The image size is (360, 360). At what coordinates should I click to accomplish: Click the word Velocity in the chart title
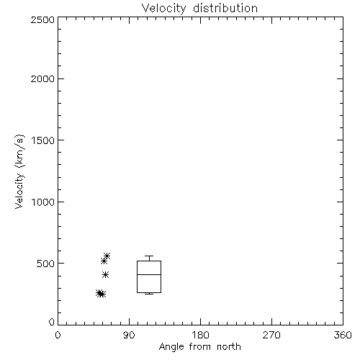(164, 9)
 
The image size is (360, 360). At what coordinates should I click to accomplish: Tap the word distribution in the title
(225, 8)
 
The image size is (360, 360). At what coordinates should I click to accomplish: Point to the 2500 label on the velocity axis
(42, 19)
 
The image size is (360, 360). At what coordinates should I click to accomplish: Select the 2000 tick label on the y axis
(42, 78)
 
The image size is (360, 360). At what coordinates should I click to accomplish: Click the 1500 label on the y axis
(43, 140)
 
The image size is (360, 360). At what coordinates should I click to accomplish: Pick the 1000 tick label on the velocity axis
(43, 202)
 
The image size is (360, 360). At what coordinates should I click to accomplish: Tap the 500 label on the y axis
(46, 264)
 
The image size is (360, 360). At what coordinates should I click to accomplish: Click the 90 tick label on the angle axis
(129, 335)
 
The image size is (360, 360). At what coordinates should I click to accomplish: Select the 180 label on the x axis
(200, 335)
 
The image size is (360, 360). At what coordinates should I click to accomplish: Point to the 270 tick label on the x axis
(271, 335)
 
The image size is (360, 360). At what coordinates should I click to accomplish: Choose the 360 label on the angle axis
(343, 335)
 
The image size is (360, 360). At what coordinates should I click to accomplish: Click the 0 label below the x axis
(58, 335)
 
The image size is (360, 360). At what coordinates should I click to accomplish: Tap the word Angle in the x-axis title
(171, 347)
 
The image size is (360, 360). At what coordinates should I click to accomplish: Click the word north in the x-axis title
(229, 346)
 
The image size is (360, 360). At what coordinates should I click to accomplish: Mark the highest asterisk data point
(107, 256)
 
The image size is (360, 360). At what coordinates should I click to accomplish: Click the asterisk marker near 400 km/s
(105, 274)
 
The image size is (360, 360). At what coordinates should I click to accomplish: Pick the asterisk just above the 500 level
(104, 261)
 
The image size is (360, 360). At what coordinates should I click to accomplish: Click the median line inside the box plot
(149, 274)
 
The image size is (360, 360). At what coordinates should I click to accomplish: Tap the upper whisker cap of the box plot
(149, 256)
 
